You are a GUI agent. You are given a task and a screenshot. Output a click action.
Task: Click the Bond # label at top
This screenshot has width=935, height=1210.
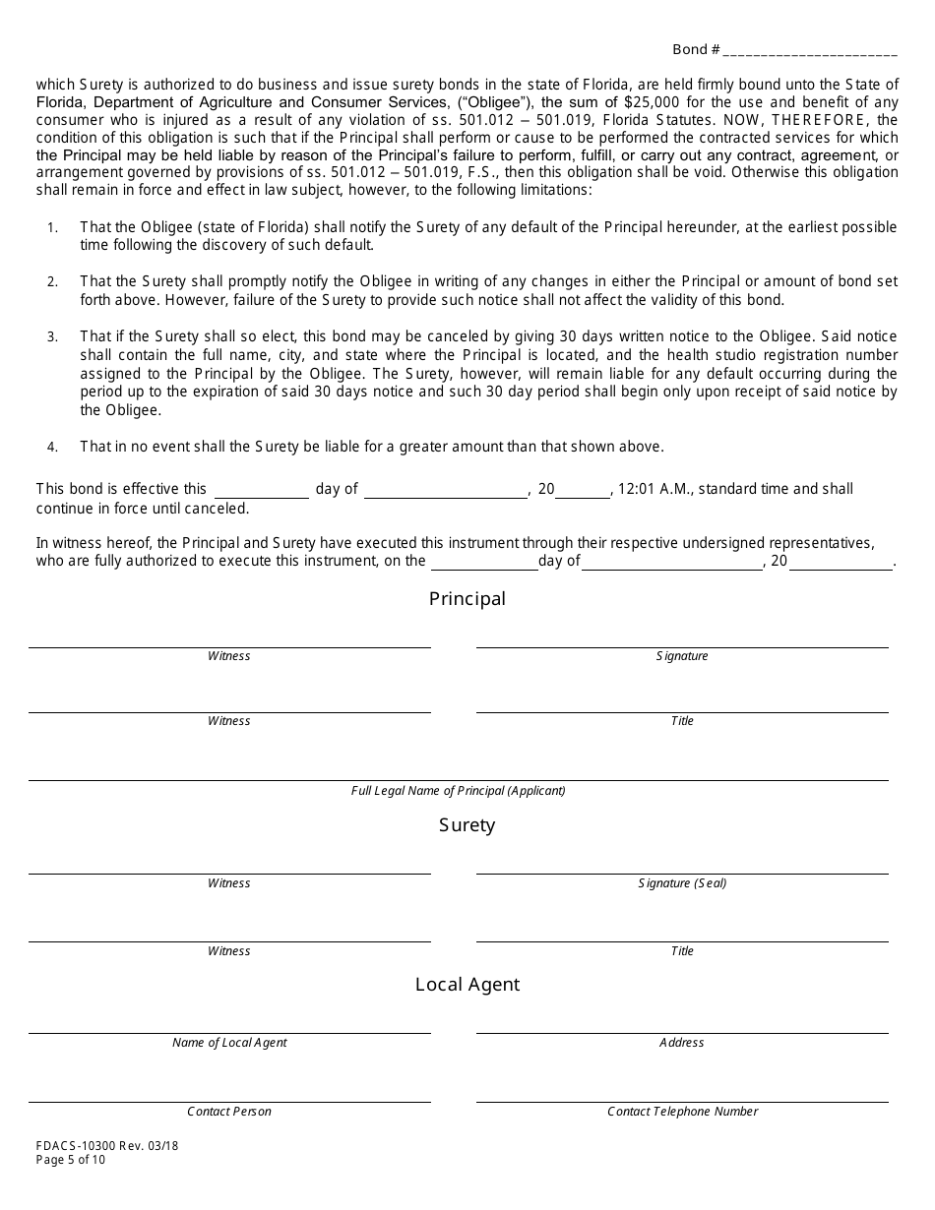coord(696,49)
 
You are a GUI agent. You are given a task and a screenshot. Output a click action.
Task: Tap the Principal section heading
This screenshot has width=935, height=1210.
coord(467,599)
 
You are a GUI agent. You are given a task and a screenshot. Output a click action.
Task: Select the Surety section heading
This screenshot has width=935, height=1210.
coord(467,825)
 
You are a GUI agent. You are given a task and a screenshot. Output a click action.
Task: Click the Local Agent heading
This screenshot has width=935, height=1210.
coord(467,985)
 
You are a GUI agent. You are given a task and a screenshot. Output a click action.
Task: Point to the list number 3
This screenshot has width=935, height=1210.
coord(52,337)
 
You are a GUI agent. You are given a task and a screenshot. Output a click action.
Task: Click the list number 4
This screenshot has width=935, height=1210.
coord(52,447)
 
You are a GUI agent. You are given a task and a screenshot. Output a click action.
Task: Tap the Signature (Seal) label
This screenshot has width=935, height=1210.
coord(682,883)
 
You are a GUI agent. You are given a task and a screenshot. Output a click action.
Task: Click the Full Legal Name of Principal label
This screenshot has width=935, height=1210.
coord(459,791)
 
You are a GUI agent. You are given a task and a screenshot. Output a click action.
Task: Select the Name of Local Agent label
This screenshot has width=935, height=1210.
coord(229,1043)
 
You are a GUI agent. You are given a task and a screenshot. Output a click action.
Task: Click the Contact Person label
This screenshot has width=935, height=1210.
coord(229,1112)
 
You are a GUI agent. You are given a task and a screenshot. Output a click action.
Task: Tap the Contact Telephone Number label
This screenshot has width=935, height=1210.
coord(682,1112)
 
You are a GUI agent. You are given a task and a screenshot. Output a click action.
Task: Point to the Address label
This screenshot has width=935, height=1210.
coord(682,1043)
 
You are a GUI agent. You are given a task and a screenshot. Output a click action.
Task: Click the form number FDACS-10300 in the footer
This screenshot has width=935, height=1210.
coord(72,1145)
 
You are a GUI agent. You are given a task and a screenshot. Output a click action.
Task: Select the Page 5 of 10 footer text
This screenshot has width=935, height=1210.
coord(71,1160)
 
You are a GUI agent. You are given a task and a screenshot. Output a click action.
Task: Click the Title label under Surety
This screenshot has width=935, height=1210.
coord(682,951)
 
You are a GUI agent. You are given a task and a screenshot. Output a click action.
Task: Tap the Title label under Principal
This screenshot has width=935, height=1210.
coord(682,721)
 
